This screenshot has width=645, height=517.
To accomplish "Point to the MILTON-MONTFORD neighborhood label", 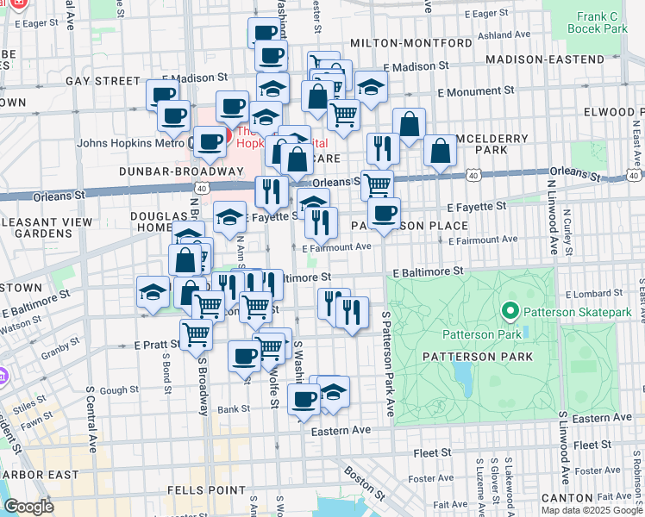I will [400, 43].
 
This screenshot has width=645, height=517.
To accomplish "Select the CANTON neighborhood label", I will [567, 499].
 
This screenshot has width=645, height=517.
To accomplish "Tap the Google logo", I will [28, 507].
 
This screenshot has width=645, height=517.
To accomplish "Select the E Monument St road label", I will [476, 90].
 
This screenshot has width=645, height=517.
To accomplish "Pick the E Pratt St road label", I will [156, 344].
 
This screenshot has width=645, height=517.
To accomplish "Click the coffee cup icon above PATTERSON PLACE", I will [384, 211].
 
